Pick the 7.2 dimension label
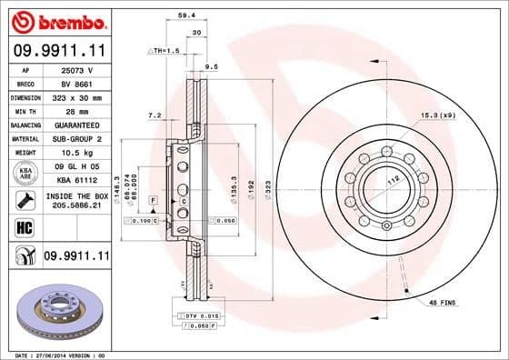(x=154, y=115)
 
